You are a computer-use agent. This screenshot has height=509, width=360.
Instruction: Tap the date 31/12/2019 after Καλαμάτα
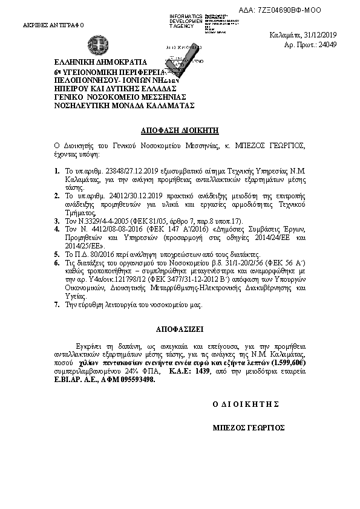click(319, 34)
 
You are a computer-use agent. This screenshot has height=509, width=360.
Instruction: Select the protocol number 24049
click(327, 45)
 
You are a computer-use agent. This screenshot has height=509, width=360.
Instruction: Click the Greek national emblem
click(97, 45)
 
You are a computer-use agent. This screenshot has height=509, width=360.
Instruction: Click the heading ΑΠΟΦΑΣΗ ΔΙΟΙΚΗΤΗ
click(180, 130)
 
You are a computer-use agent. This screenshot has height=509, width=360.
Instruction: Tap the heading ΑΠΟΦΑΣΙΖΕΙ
click(180, 330)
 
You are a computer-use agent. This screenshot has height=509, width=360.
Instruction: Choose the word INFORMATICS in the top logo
click(186, 13)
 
